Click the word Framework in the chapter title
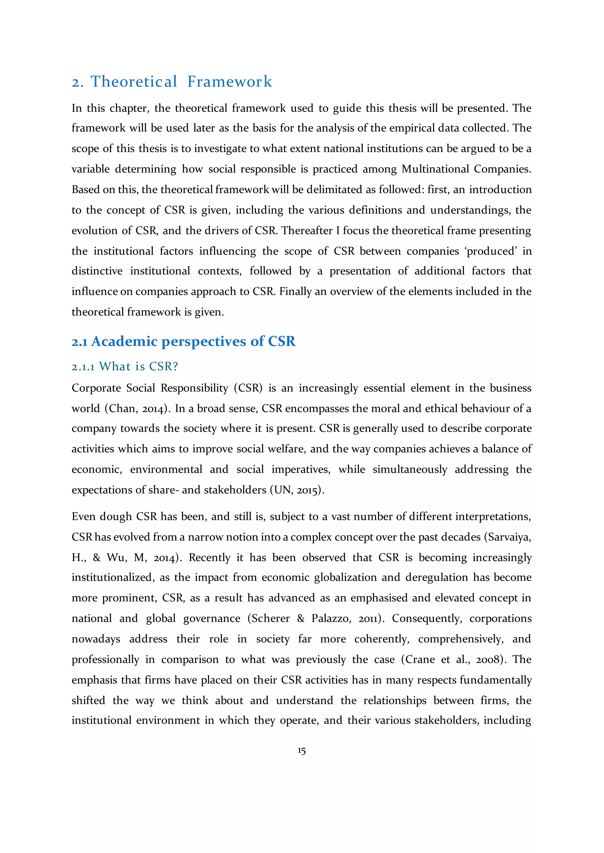pos(229,82)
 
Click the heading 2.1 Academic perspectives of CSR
pos(183,341)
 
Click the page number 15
pos(302,751)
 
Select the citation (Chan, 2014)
pos(138,408)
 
